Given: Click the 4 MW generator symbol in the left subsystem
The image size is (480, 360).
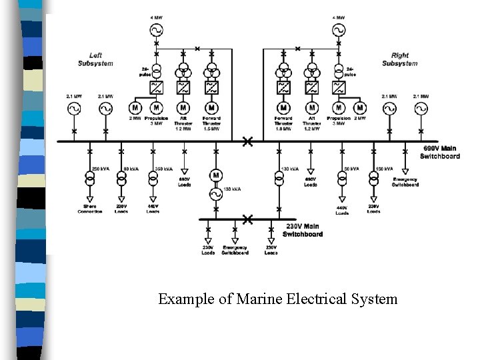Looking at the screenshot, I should point(157,30).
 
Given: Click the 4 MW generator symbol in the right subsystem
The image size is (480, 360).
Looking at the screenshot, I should point(339,30).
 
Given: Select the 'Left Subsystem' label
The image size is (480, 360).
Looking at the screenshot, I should point(95,59).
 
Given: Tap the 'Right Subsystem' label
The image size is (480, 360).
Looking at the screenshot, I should point(400,59).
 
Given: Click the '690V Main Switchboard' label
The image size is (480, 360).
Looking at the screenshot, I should point(439,152).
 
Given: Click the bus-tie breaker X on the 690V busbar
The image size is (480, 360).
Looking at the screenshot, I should point(247,141).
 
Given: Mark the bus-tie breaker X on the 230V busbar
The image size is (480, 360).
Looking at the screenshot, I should point(247,219).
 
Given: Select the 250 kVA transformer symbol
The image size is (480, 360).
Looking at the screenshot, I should point(89,178).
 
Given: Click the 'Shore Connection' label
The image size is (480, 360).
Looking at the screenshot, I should point(89,209).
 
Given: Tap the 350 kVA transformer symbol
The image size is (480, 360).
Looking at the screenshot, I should point(153,178).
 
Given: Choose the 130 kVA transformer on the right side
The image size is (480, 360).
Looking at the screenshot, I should point(279,178).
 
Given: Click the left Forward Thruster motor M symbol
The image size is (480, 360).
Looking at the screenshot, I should point(211,107).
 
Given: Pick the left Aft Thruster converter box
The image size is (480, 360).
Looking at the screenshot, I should point(183,87).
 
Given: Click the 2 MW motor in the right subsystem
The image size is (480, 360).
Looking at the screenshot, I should point(360,107).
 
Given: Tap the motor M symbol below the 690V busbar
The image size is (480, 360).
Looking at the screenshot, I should point(216,175).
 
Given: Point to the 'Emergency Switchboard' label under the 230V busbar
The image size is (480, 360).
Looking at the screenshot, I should point(235,251).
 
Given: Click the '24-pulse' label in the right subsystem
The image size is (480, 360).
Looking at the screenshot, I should point(351,72).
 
